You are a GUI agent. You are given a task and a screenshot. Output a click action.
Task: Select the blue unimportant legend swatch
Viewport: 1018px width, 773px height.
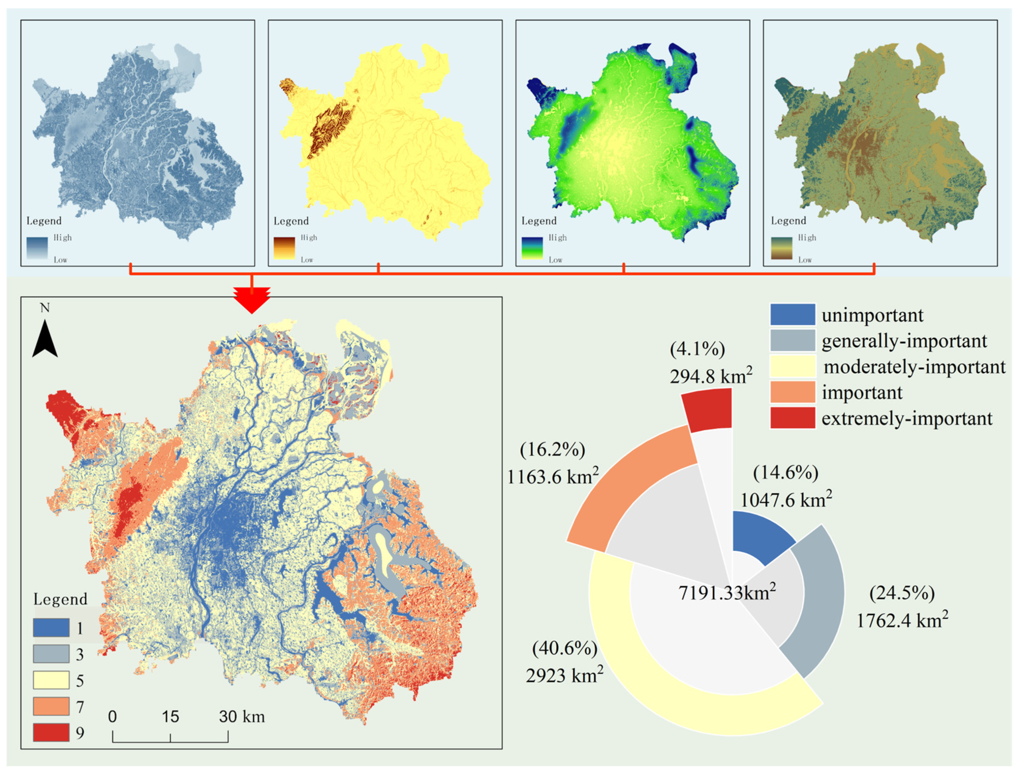(x=792, y=315)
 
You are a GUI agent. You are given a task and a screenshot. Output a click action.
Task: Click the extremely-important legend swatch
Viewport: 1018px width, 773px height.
(x=792, y=418)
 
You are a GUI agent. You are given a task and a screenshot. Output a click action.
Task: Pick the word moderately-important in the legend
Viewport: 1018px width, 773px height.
(x=914, y=367)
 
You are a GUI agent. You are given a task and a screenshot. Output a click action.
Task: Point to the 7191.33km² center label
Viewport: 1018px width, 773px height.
(x=727, y=593)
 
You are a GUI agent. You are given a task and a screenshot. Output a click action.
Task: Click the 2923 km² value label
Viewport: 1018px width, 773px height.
(x=564, y=675)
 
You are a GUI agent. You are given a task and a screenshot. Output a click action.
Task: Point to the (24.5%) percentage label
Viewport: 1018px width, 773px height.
(x=902, y=593)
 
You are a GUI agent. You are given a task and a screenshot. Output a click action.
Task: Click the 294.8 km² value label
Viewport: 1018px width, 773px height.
(x=711, y=376)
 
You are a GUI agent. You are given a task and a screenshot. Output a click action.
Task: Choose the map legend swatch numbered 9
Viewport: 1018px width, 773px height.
(x=51, y=732)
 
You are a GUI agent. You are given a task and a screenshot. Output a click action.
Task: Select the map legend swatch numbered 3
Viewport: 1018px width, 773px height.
(x=51, y=654)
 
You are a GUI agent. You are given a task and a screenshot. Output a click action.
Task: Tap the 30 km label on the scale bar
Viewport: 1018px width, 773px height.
(x=242, y=717)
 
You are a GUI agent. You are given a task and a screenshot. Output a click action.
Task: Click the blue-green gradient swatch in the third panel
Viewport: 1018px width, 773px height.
(x=532, y=248)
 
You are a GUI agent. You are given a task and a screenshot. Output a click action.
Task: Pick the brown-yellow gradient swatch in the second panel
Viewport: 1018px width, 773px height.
(x=284, y=248)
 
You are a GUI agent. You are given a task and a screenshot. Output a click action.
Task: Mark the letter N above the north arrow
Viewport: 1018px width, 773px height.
(x=45, y=308)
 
